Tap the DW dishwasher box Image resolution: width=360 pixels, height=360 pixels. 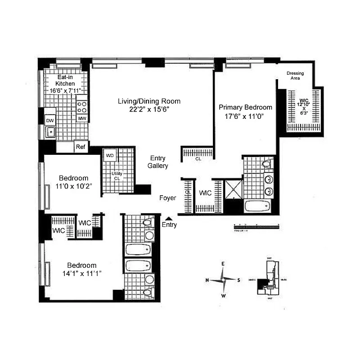50,120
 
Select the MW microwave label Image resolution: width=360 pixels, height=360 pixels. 82,118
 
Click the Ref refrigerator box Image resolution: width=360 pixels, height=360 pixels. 81,147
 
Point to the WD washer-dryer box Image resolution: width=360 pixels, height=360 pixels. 109,156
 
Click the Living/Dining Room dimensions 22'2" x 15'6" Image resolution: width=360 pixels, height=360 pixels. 144,109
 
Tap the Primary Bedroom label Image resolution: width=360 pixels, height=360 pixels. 245,107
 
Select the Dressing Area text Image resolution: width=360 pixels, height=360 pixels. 295,76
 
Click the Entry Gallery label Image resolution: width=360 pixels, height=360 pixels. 158,162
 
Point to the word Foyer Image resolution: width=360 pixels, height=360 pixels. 167,198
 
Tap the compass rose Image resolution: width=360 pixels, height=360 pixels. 223,279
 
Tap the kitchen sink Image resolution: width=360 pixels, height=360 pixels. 50,132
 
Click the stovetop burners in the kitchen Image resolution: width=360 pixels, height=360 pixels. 82,107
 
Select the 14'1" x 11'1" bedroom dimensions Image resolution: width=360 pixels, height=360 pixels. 82,273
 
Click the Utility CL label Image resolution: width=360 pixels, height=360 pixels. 117,176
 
